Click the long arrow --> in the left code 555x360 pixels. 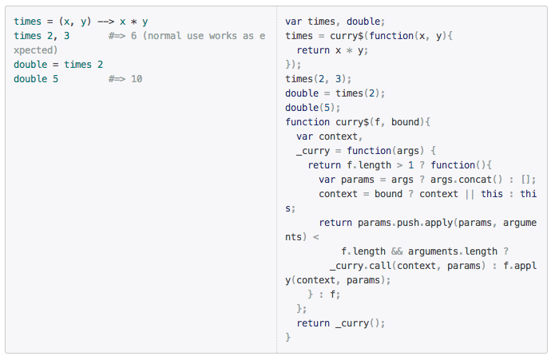click(x=106, y=22)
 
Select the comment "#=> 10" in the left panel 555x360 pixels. click(x=125, y=79)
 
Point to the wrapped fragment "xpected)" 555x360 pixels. click(x=36, y=50)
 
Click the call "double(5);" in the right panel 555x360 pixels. click(x=313, y=108)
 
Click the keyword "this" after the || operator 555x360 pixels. click(x=492, y=194)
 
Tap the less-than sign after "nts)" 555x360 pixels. click(x=315, y=237)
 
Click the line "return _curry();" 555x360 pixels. click(x=341, y=323)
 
